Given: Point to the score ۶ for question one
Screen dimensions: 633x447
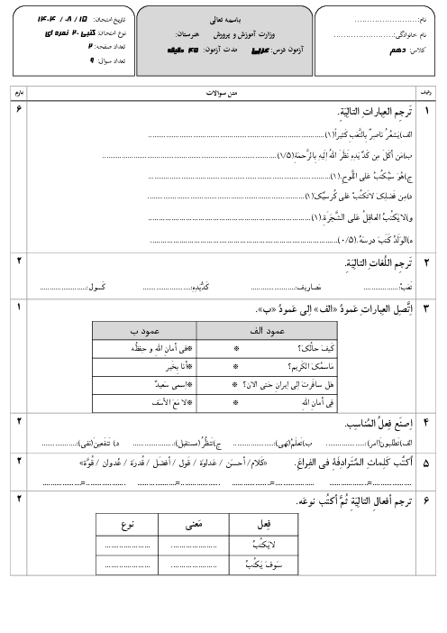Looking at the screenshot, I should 20,108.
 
